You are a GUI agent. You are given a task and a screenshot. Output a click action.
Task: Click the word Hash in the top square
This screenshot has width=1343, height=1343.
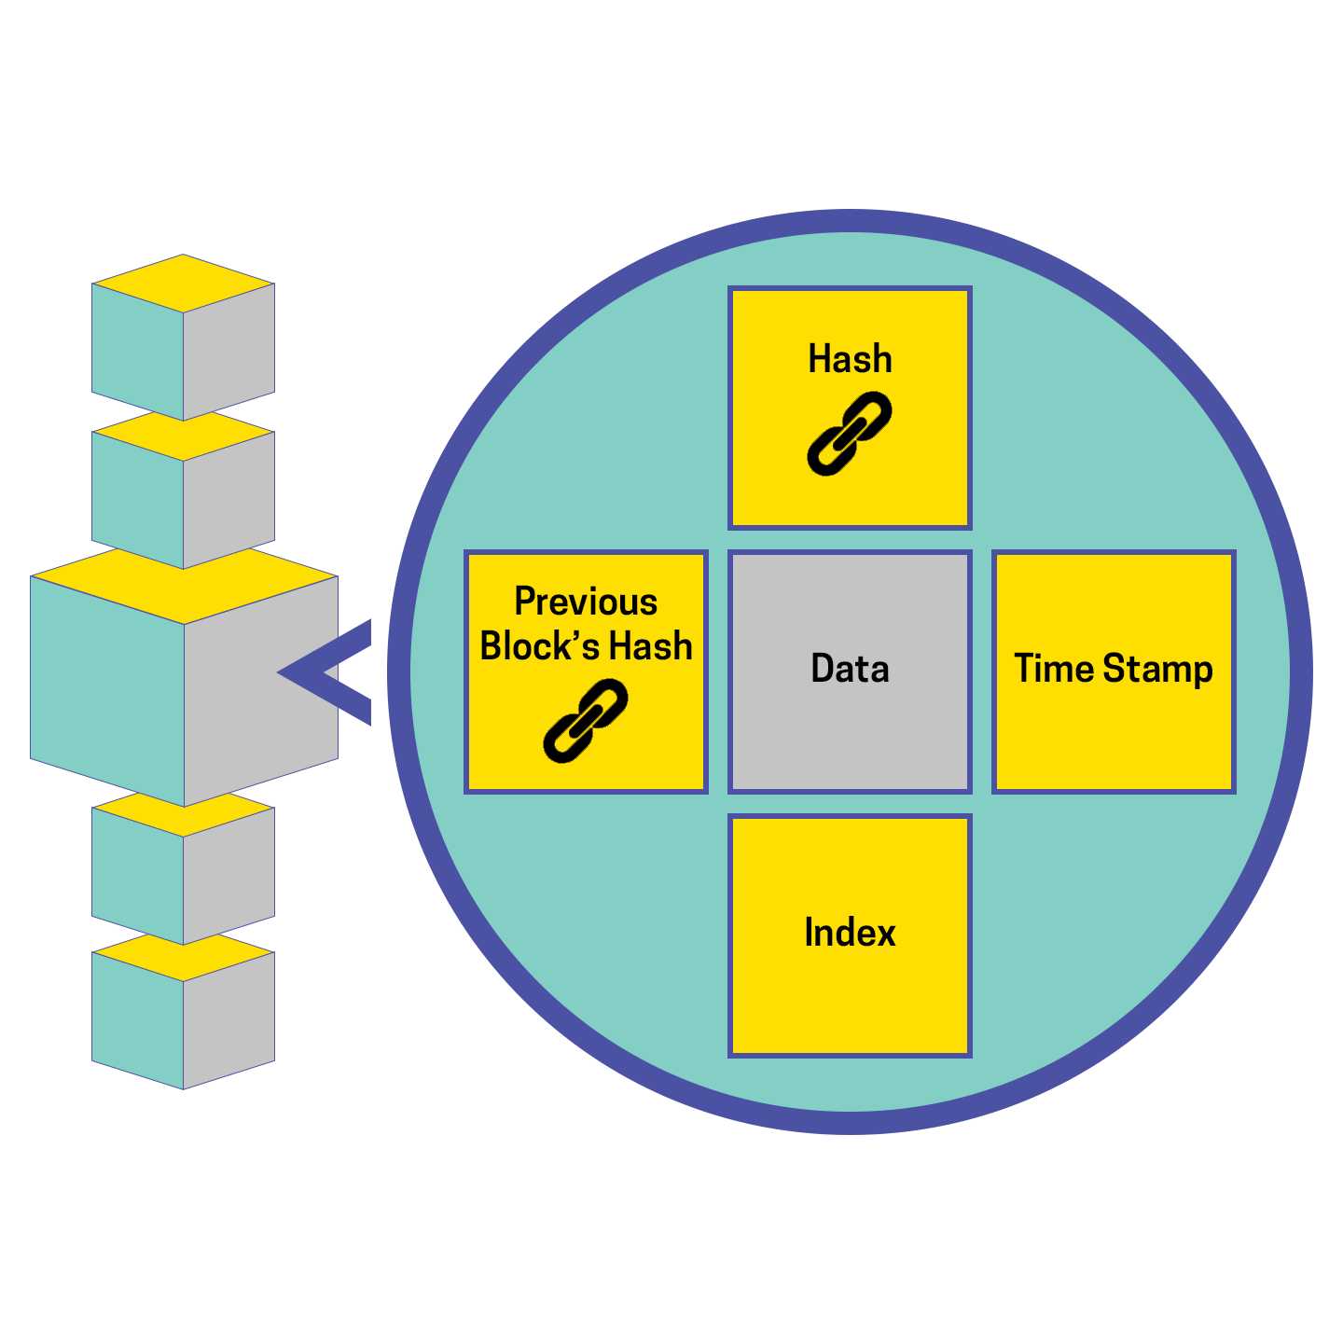tap(850, 359)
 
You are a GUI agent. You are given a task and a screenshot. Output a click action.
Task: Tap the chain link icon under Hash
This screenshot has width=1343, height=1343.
tap(849, 434)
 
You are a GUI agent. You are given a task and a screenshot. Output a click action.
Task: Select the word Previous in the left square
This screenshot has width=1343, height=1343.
tap(586, 602)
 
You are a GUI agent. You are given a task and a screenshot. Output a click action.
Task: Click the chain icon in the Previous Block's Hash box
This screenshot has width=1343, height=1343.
tap(586, 720)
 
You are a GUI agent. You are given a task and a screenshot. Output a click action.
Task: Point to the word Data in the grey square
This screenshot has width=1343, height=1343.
tap(850, 669)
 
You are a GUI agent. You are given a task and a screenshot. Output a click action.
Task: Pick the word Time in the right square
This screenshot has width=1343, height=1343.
tap(1054, 669)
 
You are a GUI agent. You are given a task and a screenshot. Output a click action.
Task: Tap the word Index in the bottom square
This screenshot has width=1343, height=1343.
tap(850, 933)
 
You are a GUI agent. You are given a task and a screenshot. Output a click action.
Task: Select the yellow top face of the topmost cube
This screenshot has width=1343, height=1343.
tap(183, 283)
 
